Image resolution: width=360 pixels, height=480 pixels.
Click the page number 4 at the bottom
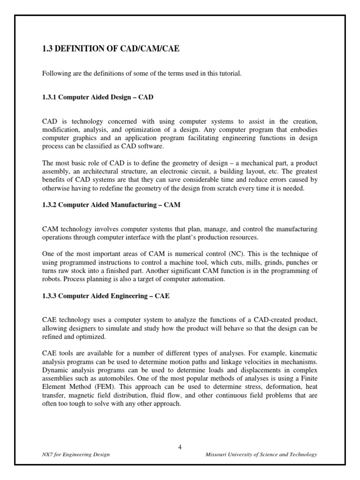tap(180, 447)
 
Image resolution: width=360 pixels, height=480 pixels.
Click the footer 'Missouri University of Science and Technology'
tap(262, 455)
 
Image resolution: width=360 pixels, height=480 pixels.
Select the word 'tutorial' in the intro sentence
tap(230, 74)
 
